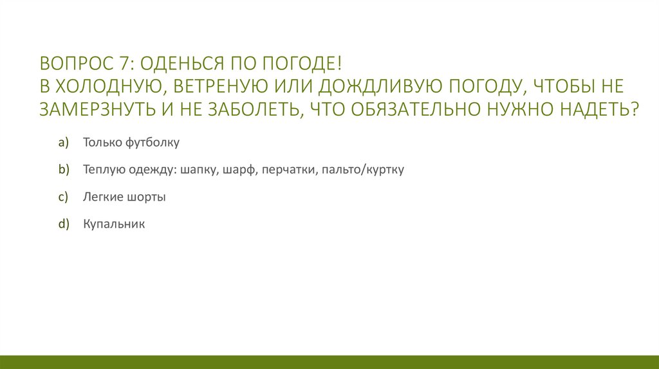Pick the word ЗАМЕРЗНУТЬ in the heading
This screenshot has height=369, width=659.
(x=91, y=109)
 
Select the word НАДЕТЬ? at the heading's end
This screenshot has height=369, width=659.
(x=599, y=109)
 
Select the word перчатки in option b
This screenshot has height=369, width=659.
(x=288, y=170)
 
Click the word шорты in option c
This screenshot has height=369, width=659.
(x=145, y=197)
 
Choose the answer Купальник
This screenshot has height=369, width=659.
(x=114, y=224)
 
